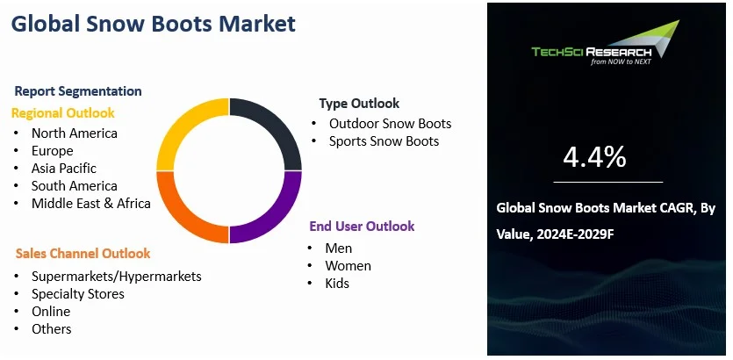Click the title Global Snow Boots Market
click(x=154, y=24)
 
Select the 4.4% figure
click(x=594, y=157)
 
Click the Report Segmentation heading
click(x=78, y=91)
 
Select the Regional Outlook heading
click(x=62, y=113)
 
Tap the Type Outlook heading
click(x=359, y=104)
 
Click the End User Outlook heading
click(x=362, y=227)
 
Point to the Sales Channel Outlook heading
click(x=83, y=254)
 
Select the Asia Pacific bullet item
click(x=63, y=169)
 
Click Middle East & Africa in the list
click(x=91, y=204)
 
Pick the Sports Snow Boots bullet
click(x=384, y=141)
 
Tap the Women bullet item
click(x=348, y=266)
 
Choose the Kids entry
click(x=337, y=284)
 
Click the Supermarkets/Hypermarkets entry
click(x=117, y=277)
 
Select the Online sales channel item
click(x=51, y=312)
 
